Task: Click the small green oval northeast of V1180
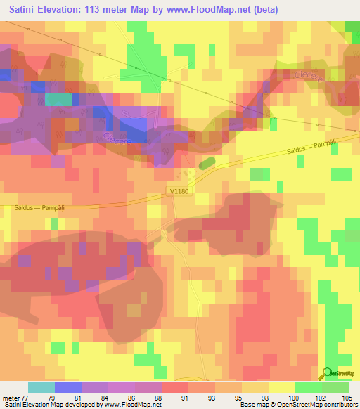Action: coord(207,163)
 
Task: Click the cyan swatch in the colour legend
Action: coord(41,387)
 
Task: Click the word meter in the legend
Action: coord(10,397)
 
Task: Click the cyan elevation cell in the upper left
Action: coord(58,100)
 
